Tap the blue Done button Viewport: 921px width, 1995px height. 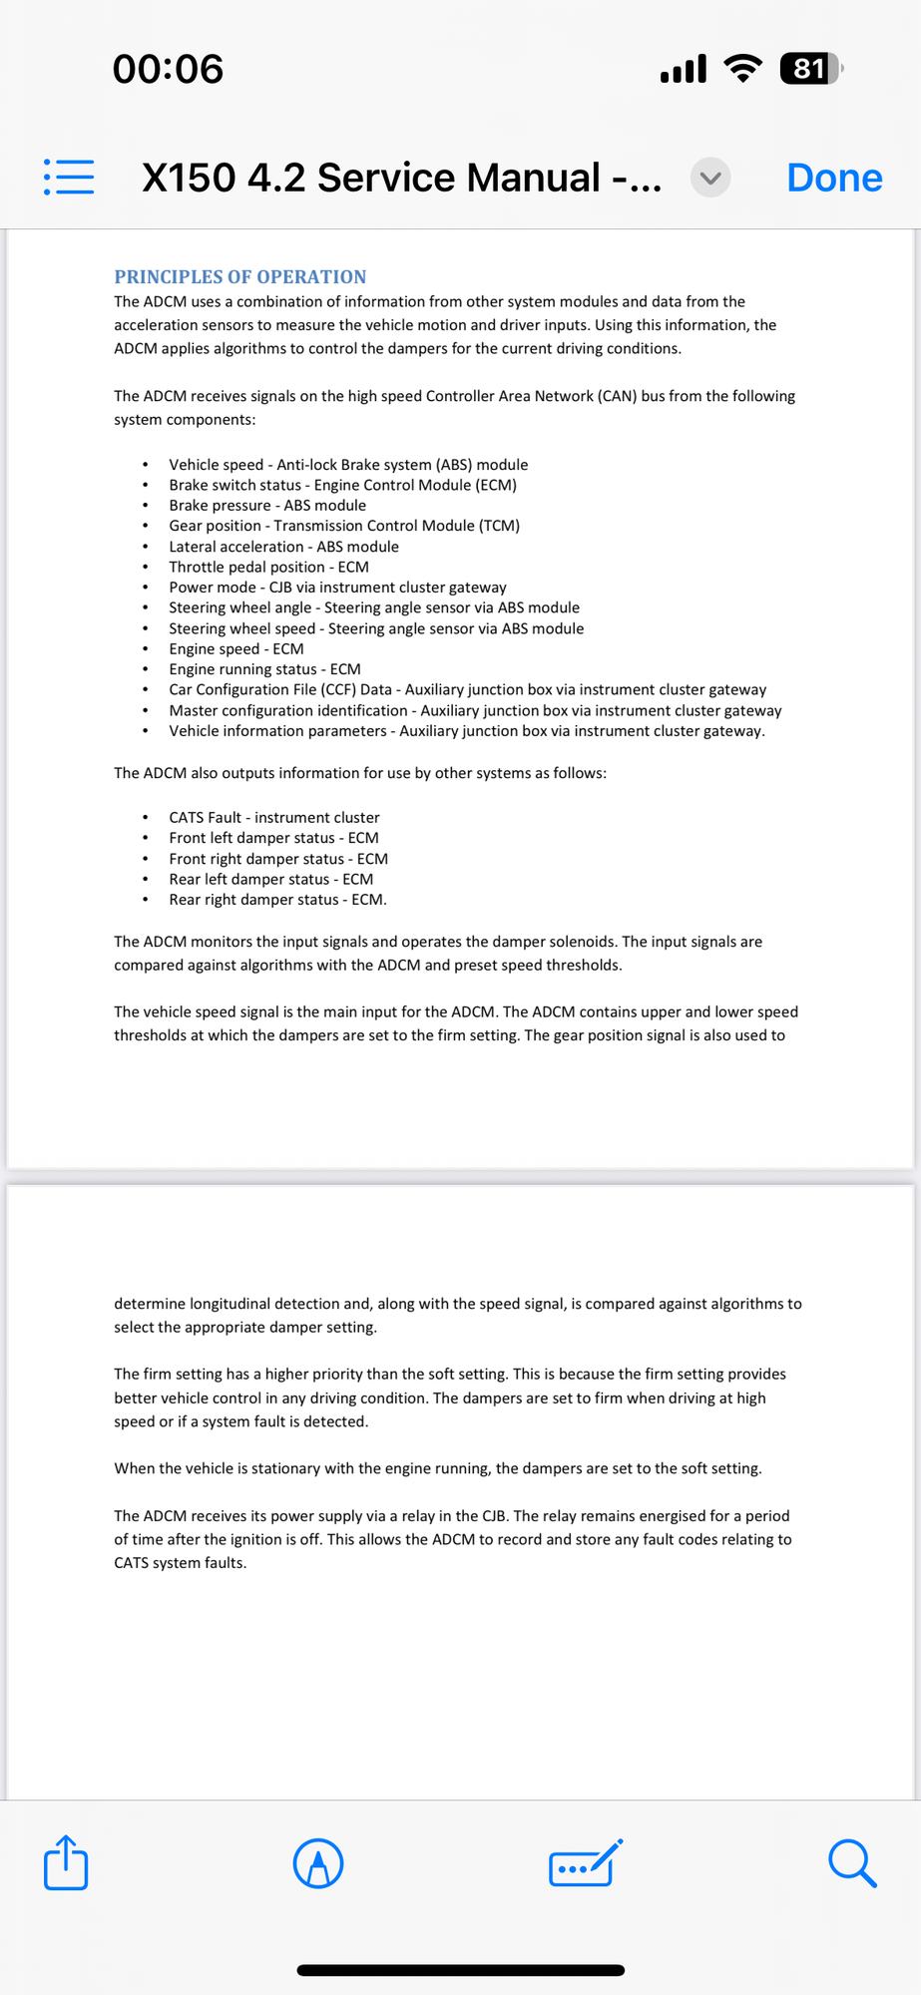(834, 178)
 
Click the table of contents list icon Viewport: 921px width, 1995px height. (69, 177)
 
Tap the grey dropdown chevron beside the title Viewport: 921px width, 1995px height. (710, 178)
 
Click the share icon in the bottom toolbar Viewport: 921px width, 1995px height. (66, 1862)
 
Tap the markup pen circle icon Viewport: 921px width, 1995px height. (318, 1863)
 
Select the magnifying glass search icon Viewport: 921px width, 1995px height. (852, 1863)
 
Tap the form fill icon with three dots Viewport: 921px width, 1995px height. (585, 1863)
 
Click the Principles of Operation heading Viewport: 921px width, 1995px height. (239, 276)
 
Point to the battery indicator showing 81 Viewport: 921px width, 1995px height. (811, 69)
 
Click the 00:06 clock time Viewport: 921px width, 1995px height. (168, 69)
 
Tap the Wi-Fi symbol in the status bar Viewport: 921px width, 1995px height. (741, 69)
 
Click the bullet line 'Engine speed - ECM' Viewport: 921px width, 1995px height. (235, 648)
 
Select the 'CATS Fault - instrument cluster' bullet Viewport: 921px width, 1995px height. (273, 817)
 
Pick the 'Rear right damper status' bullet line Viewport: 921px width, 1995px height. (277, 899)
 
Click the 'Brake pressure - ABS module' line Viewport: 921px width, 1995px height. (266, 505)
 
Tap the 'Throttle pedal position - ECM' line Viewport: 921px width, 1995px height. (268, 567)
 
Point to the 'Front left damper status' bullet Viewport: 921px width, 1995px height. (273, 838)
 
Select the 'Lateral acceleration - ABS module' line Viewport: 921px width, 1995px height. (283, 547)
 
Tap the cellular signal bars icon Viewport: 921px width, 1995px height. (684, 69)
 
